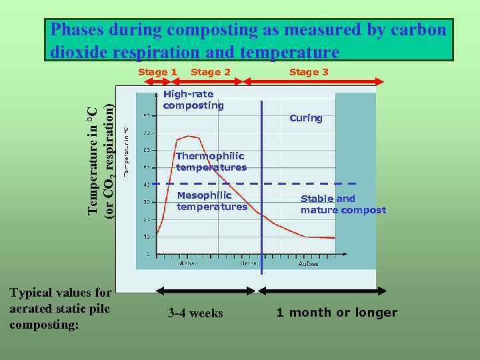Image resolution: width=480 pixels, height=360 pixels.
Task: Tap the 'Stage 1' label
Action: click(x=157, y=72)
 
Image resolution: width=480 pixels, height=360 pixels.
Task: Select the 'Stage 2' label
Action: click(x=211, y=72)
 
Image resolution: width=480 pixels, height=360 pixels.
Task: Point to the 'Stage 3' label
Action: click(x=309, y=72)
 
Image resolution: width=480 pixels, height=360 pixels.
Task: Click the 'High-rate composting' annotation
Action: click(x=193, y=100)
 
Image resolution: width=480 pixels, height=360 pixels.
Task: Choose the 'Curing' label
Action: click(x=306, y=119)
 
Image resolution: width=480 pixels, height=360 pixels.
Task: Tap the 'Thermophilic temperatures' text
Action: click(x=211, y=161)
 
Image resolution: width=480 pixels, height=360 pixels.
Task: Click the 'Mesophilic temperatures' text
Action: click(x=212, y=201)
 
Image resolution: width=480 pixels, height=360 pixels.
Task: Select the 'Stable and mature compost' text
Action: click(x=343, y=204)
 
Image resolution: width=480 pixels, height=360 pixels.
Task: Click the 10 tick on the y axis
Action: click(x=147, y=237)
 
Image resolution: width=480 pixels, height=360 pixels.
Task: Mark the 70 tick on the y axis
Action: click(x=147, y=133)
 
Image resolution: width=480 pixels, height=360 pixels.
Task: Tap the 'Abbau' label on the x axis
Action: click(x=189, y=263)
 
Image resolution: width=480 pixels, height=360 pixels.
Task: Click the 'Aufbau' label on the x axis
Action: click(x=308, y=263)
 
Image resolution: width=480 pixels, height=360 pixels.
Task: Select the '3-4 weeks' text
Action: click(x=195, y=313)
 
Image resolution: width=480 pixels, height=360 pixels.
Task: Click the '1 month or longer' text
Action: click(x=337, y=313)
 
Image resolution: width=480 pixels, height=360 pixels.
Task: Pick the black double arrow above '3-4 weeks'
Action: click(x=206, y=291)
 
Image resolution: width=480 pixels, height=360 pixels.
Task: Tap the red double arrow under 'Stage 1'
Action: click(x=159, y=81)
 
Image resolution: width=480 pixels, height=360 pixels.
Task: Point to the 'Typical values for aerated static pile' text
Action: click(x=61, y=300)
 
